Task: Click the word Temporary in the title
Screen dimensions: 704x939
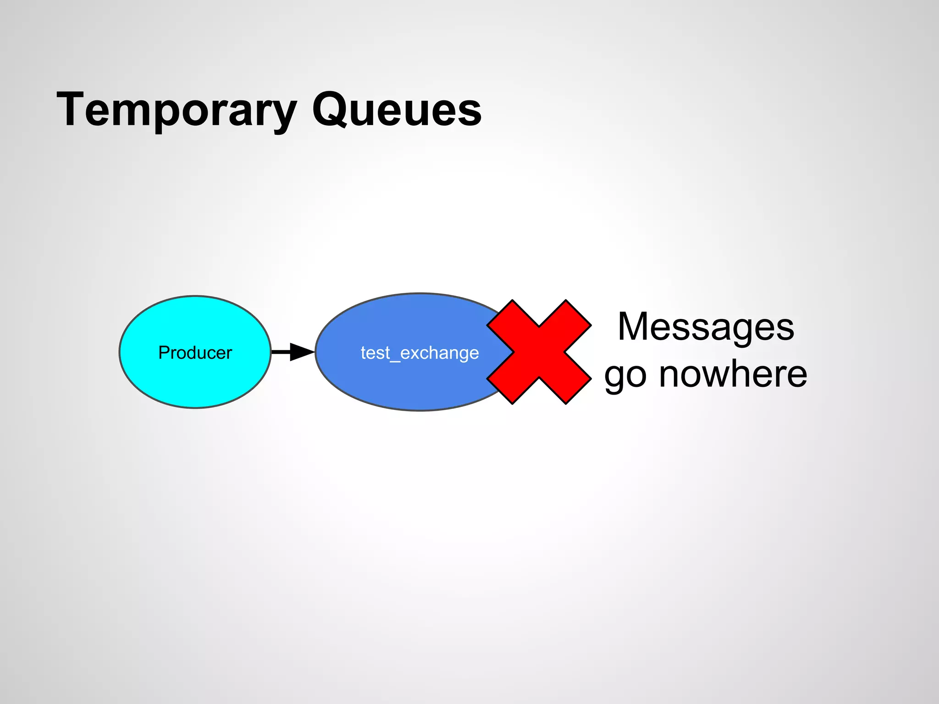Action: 177,110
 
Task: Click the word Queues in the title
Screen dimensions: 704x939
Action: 397,110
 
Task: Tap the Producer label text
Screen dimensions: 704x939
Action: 195,352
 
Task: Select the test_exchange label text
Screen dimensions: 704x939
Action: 420,353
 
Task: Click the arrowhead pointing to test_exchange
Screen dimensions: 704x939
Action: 301,352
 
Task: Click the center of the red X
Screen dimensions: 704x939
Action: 539,352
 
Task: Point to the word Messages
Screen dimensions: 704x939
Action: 706,326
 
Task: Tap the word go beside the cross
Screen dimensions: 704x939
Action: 626,376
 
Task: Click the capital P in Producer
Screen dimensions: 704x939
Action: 163,352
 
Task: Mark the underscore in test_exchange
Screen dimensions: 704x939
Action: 395,361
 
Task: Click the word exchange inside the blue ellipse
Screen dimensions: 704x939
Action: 439,353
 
